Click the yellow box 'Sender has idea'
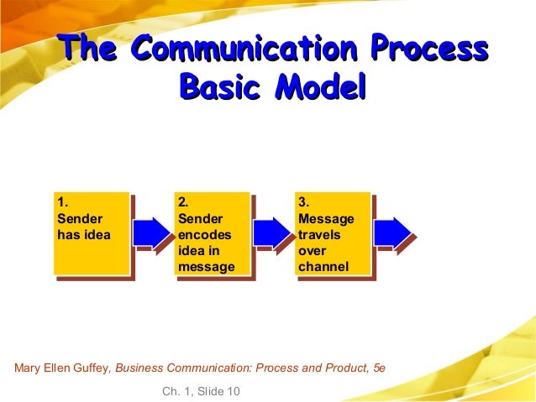click(90, 232)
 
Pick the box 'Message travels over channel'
click(333, 232)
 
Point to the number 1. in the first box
click(61, 202)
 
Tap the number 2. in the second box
click(183, 202)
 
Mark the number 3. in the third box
click(304, 202)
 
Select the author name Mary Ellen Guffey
click(62, 367)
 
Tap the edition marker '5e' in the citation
click(379, 367)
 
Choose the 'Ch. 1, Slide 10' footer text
click(199, 391)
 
